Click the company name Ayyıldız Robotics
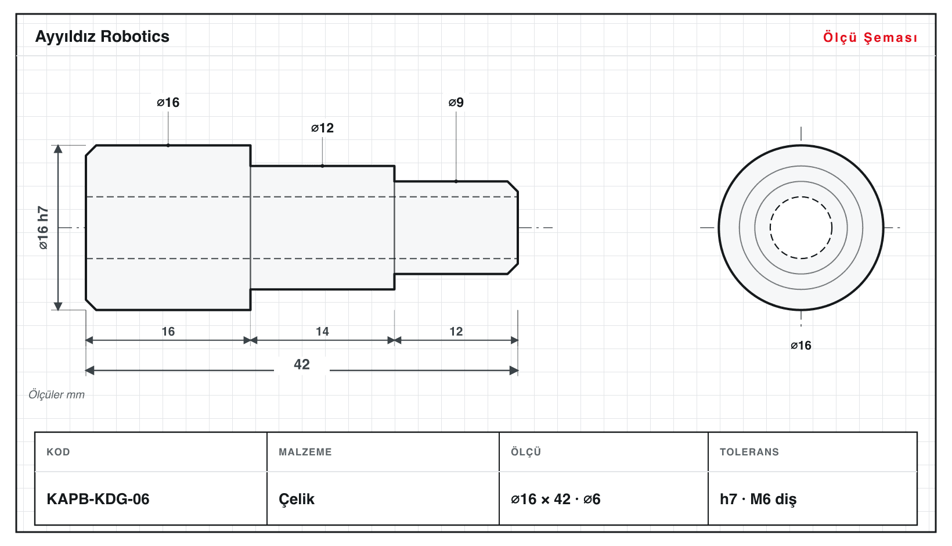[x=102, y=37]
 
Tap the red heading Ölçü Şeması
[x=870, y=37]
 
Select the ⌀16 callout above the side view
[x=168, y=102]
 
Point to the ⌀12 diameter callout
[x=322, y=128]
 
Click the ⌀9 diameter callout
[x=456, y=102]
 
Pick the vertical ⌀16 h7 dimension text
[x=43, y=228]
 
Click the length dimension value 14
[x=322, y=331]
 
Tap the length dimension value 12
[x=456, y=331]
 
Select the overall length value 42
[x=302, y=364]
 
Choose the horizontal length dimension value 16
[x=168, y=331]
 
